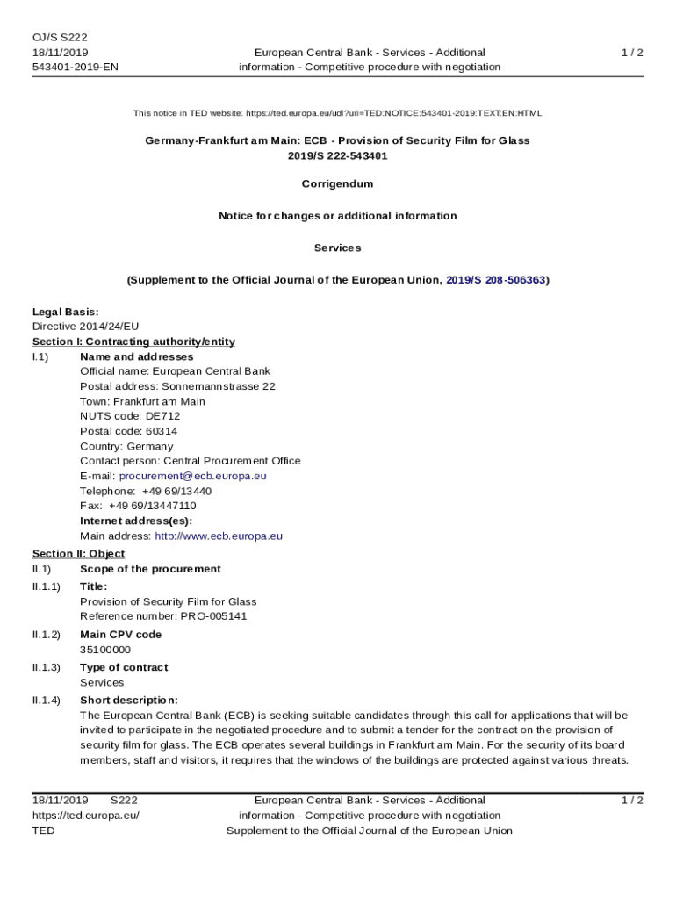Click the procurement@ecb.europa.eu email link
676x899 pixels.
(x=192, y=476)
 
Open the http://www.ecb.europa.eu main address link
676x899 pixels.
(x=219, y=536)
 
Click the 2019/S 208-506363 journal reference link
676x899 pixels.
(x=496, y=280)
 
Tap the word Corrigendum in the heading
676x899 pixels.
(x=337, y=184)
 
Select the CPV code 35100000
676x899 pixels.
(x=105, y=650)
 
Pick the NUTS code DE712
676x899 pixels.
(x=164, y=416)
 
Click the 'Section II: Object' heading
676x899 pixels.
(x=78, y=554)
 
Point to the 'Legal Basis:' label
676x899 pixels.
(x=66, y=312)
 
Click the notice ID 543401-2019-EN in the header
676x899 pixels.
(x=76, y=67)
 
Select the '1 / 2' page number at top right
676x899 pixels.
(x=632, y=53)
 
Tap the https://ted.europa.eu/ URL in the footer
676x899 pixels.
(x=86, y=816)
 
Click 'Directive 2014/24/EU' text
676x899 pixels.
(x=86, y=327)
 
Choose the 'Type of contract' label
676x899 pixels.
(x=124, y=667)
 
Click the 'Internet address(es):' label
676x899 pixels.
(x=136, y=521)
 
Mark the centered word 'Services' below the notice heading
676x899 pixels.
(x=337, y=248)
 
